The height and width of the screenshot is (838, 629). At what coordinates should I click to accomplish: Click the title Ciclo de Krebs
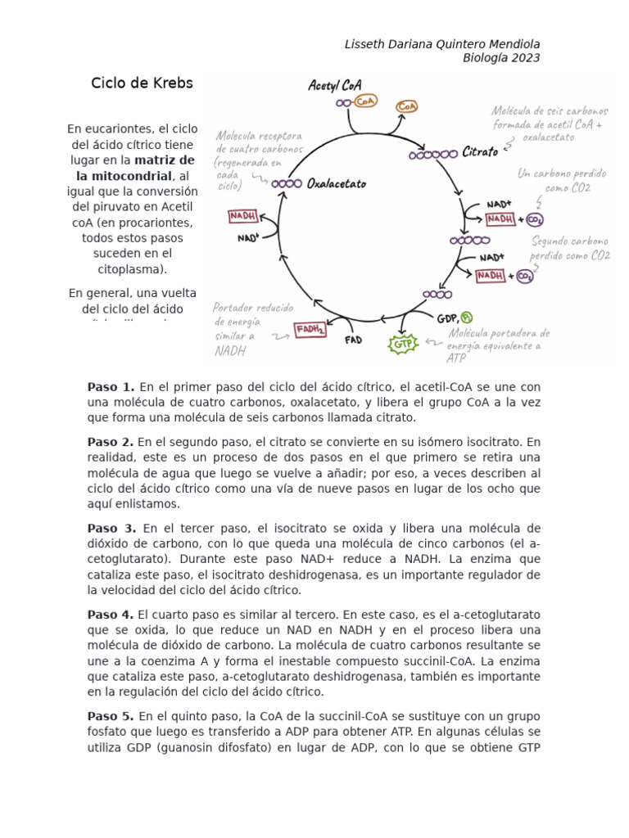(x=142, y=83)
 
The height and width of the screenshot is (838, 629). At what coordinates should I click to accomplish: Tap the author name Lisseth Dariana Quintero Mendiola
(x=442, y=43)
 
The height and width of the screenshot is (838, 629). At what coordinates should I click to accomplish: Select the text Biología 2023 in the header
(x=501, y=57)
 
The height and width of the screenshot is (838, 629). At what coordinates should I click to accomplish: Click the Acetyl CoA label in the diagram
(x=335, y=85)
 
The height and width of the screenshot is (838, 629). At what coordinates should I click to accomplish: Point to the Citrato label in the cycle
(x=480, y=152)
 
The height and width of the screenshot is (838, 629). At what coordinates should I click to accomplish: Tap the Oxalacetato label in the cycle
(x=336, y=184)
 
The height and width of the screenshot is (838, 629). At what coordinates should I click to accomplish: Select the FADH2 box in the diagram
(x=310, y=330)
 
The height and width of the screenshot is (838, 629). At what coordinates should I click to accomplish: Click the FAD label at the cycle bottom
(x=353, y=339)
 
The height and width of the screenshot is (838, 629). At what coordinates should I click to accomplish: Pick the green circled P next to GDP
(x=467, y=318)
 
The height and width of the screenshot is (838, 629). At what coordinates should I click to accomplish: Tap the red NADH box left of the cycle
(x=242, y=216)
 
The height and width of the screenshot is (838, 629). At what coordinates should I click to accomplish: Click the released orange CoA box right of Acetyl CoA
(x=407, y=106)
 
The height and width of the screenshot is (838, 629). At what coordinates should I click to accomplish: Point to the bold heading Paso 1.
(x=111, y=386)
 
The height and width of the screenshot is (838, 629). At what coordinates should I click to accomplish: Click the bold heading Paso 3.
(x=111, y=528)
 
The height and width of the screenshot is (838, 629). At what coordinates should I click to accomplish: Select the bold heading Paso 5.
(x=111, y=716)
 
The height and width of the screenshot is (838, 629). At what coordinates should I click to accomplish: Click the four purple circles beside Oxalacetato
(x=287, y=184)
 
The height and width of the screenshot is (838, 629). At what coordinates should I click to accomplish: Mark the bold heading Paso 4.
(x=111, y=614)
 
